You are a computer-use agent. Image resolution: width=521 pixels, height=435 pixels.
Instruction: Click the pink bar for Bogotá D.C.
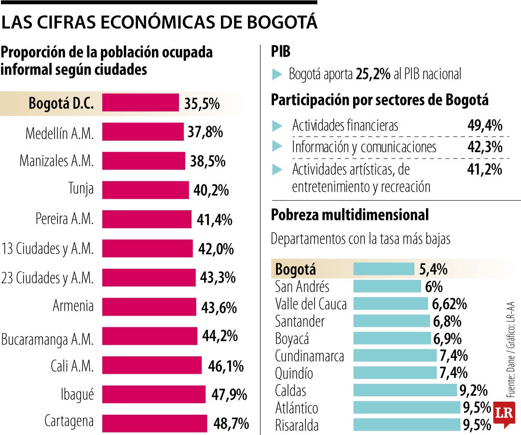tap(140, 103)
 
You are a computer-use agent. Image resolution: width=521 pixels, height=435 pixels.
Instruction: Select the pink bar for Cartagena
tap(154, 423)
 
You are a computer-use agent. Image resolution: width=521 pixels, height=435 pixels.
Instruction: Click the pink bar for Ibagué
tap(153, 394)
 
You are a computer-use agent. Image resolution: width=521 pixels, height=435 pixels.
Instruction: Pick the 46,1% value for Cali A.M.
tap(225, 366)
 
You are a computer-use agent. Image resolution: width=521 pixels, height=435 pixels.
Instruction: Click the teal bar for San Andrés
tap(387, 287)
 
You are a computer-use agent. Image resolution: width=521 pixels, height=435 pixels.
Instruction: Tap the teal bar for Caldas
tap(405, 390)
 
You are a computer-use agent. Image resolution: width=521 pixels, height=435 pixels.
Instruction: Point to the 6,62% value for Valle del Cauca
tap(450, 304)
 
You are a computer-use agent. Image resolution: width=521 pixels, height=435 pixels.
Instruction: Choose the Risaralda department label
tap(297, 425)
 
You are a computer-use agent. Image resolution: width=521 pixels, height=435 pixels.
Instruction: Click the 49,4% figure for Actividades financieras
tap(485, 126)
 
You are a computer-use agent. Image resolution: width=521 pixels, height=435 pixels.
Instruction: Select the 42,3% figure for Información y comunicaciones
tap(485, 147)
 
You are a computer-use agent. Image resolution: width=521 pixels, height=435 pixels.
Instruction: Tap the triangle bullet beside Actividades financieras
tap(277, 126)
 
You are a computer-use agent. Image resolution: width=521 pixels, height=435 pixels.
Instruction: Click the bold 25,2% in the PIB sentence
tap(372, 74)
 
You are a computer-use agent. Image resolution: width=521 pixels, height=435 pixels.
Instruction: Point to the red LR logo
tap(504, 414)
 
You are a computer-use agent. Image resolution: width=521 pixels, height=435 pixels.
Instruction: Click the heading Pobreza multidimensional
tap(350, 215)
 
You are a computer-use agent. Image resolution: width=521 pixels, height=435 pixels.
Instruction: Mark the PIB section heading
tap(281, 52)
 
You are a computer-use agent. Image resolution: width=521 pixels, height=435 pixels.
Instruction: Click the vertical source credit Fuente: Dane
tap(510, 348)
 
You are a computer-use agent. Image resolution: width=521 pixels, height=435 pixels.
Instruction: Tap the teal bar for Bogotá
tap(384, 269)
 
